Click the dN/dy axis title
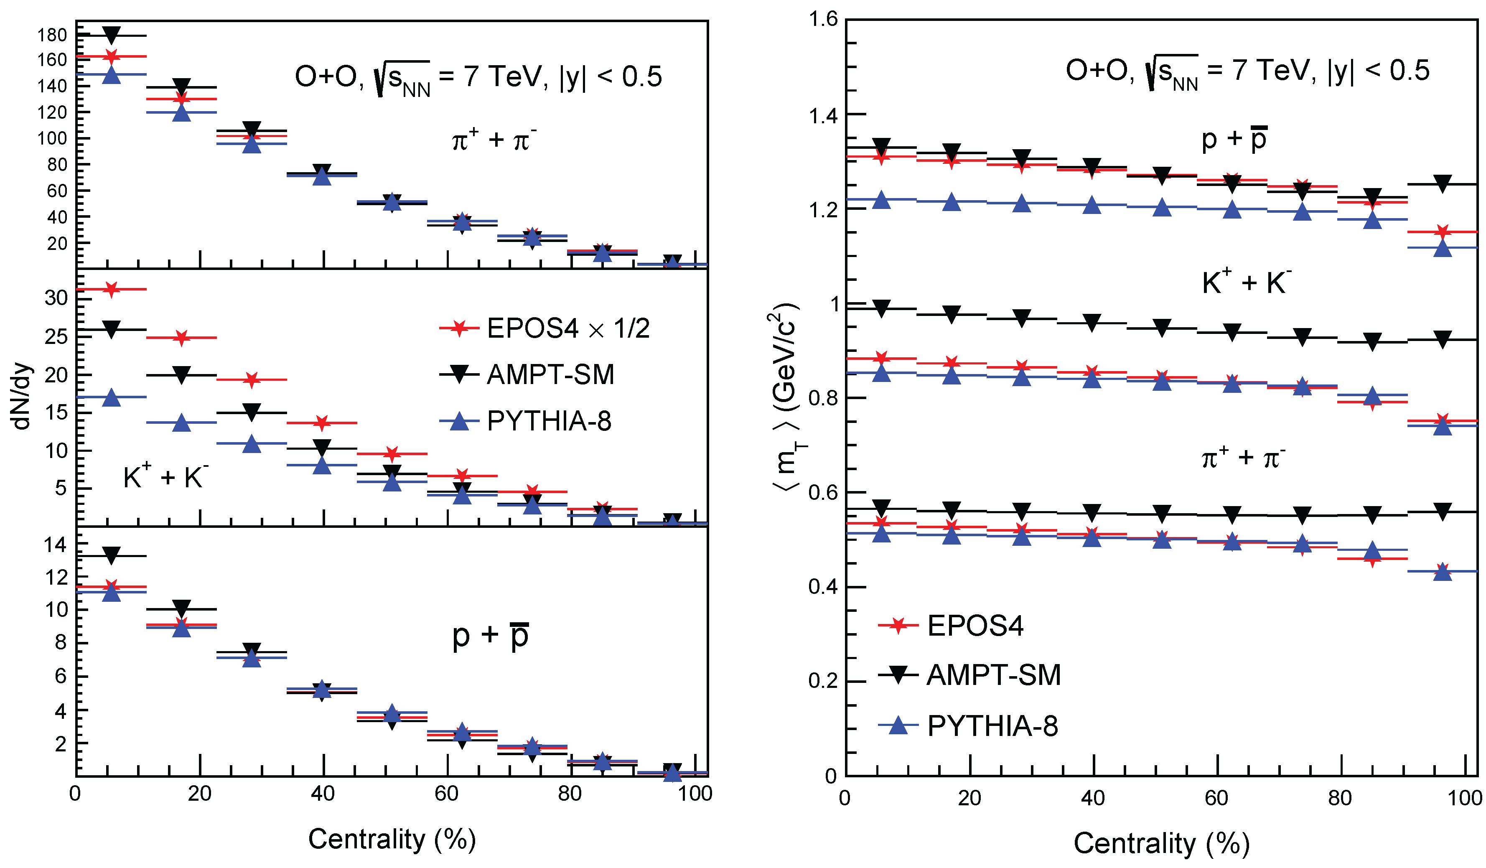(21, 396)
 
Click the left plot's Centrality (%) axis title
(392, 839)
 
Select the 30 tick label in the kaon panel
(56, 298)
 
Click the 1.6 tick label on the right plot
(822, 20)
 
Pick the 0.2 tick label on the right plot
(822, 681)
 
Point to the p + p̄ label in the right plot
(1234, 139)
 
